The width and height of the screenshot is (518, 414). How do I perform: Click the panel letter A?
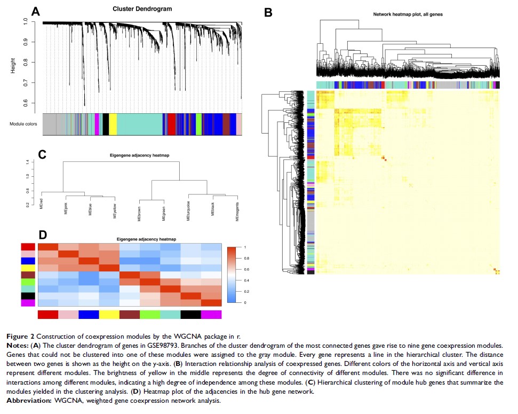click(x=36, y=12)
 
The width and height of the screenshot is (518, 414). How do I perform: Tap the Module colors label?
click(x=23, y=124)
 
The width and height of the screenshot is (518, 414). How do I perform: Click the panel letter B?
click(x=268, y=12)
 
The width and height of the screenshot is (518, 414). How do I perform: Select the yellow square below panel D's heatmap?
click(x=109, y=316)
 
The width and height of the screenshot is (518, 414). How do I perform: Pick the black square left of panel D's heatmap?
click(x=28, y=294)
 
